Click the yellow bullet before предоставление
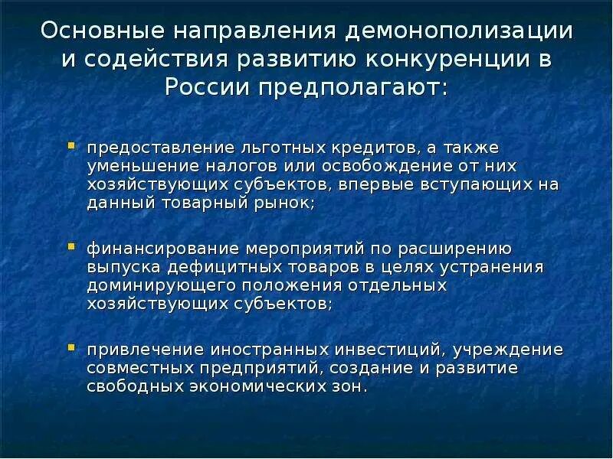pos(71,143)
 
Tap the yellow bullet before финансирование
pos(71,246)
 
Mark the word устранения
pos(491,267)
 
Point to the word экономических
pos(245,387)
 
